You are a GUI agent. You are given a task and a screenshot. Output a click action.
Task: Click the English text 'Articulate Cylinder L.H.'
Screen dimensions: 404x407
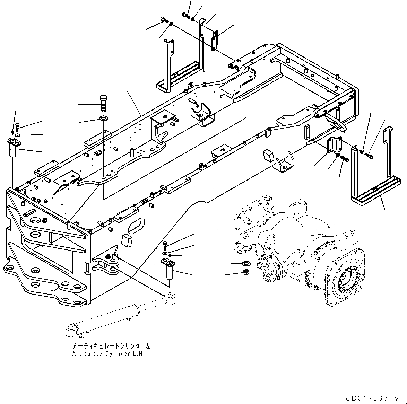tap(108, 354)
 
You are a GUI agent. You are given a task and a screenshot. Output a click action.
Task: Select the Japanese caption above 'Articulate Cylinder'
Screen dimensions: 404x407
tap(111, 346)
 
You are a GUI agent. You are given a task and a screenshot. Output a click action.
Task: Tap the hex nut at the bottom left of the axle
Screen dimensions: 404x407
tap(245, 272)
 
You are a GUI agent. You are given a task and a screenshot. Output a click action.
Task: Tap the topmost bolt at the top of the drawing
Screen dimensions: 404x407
tap(185, 15)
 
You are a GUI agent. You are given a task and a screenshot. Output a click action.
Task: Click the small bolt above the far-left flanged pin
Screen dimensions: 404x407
tap(18, 127)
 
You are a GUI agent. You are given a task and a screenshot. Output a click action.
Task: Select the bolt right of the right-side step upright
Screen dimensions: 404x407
tap(369, 156)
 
